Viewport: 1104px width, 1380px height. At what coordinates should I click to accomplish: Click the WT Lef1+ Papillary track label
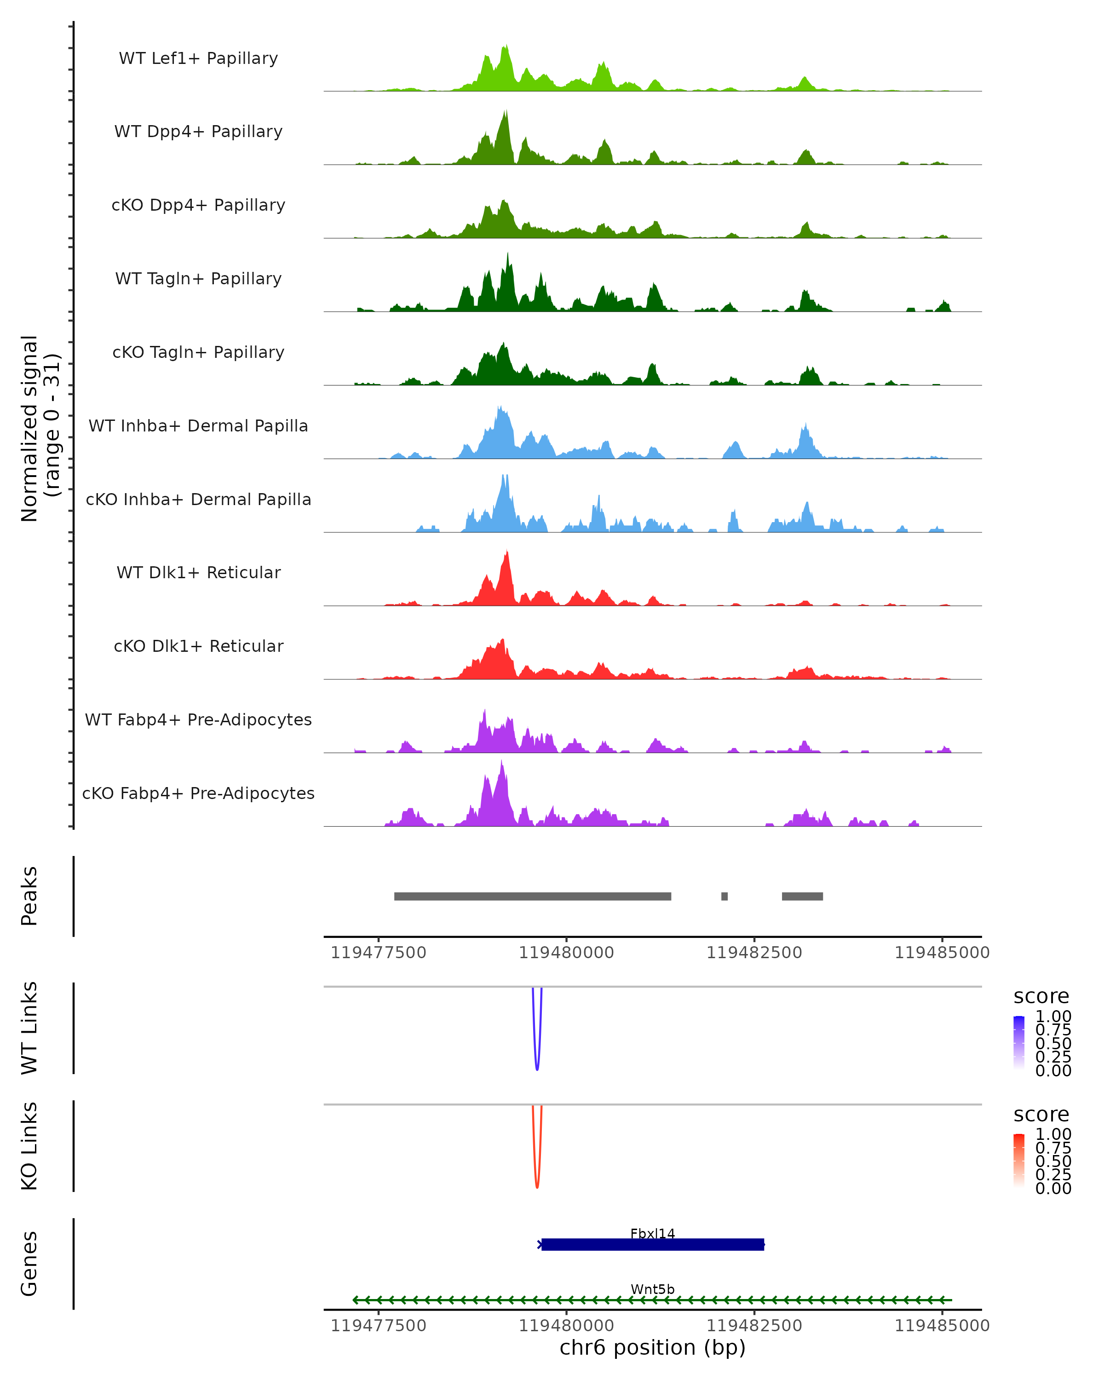pyautogui.click(x=198, y=58)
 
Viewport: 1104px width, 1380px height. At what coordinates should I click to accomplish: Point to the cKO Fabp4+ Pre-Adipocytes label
pyautogui.click(x=198, y=793)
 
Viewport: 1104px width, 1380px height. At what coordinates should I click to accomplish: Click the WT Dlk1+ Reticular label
pyautogui.click(x=198, y=573)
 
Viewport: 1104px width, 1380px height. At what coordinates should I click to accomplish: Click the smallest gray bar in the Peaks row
pyautogui.click(x=724, y=896)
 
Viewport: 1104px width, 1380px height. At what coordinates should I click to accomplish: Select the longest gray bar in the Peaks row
pyautogui.click(x=533, y=896)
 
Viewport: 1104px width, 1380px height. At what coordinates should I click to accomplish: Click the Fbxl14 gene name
pyautogui.click(x=652, y=1233)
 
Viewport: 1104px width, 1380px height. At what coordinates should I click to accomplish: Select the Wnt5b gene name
pyautogui.click(x=652, y=1289)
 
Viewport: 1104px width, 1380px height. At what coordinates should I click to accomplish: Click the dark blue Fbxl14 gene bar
pyautogui.click(x=652, y=1244)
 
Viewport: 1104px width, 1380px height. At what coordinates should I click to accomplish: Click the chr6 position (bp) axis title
pyautogui.click(x=652, y=1347)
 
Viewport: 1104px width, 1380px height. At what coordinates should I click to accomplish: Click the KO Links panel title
pyautogui.click(x=29, y=1146)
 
